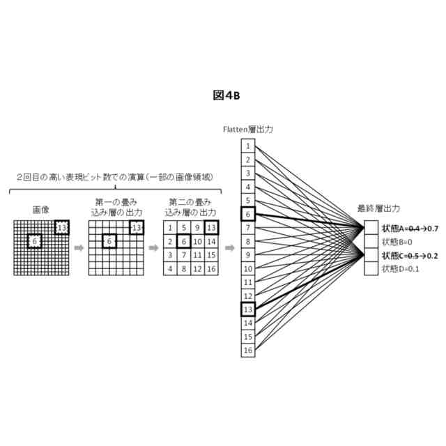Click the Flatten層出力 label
(x=247, y=130)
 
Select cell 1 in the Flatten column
(x=247, y=146)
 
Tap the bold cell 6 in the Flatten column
(x=247, y=214)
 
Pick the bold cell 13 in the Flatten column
(x=247, y=309)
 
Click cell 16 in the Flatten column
(x=247, y=349)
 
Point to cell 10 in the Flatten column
(x=247, y=268)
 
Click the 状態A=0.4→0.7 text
(x=410, y=228)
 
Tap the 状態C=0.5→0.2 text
(x=410, y=255)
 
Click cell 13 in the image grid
(x=62, y=227)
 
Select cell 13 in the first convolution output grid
(x=137, y=227)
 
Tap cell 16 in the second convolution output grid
(x=210, y=268)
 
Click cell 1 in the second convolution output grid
(x=170, y=227)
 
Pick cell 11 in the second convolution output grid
(x=197, y=255)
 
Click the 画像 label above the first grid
(x=40, y=208)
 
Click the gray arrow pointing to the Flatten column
(x=229, y=247)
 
